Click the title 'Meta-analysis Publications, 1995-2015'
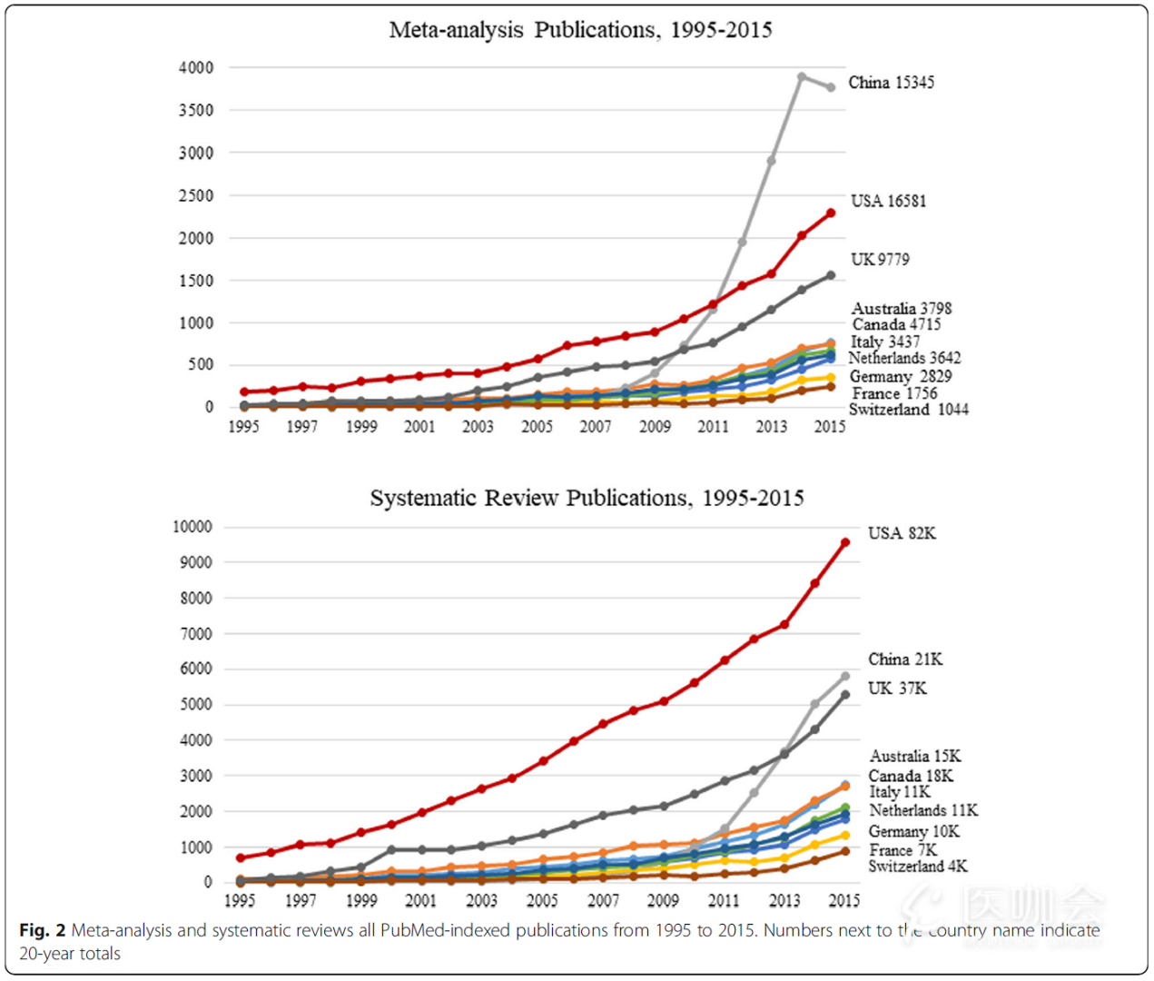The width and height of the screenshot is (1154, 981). tap(580, 30)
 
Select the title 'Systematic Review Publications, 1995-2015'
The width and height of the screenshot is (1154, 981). tap(587, 498)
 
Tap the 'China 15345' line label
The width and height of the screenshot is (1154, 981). tap(891, 83)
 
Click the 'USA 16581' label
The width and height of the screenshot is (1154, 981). tap(888, 201)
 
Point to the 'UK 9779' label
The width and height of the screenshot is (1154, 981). tap(879, 260)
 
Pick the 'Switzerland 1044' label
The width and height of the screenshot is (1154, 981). tap(908, 410)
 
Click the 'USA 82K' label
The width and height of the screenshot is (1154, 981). tap(901, 533)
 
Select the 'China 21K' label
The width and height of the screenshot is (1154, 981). tap(904, 659)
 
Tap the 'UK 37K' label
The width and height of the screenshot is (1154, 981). tap(897, 689)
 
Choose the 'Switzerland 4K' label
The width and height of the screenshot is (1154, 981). tap(917, 867)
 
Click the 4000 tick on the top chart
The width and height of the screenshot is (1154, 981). tap(196, 68)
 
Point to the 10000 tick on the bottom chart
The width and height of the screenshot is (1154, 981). tap(192, 527)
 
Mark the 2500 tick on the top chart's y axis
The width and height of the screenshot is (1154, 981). tap(196, 195)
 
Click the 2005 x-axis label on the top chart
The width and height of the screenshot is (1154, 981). tap(537, 427)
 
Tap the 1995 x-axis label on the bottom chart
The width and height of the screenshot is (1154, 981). tap(240, 900)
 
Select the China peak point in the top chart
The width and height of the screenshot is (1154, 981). tap(802, 77)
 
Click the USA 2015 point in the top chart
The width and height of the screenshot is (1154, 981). tap(831, 213)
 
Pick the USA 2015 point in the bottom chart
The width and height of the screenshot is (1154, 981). tap(845, 542)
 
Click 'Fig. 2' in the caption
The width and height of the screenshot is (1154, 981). tap(42, 930)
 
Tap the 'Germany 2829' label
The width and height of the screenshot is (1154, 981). tap(900, 377)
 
